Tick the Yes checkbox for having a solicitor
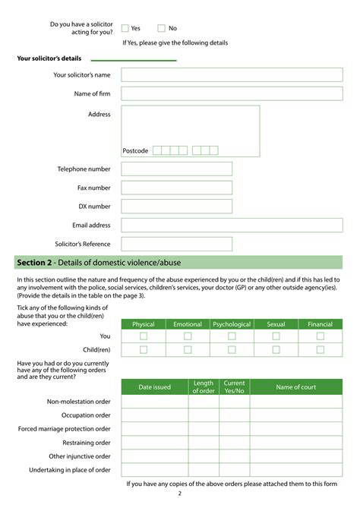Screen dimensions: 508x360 coord(125,28)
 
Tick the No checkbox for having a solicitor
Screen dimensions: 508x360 coord(161,28)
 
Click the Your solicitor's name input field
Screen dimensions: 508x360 coord(232,75)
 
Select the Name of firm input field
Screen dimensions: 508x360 coord(232,93)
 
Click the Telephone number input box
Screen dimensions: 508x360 coord(176,169)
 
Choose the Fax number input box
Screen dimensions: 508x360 coord(176,188)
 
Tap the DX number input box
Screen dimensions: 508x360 coord(176,206)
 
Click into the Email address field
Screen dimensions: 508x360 coord(232,225)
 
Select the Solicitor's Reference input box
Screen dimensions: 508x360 coord(176,244)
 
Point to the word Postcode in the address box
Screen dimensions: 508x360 coord(136,150)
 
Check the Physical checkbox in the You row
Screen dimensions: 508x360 coord(144,336)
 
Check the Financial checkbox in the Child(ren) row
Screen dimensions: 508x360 coord(321,349)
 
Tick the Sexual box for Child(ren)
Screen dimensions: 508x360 coord(276,349)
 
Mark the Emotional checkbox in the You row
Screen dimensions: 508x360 coord(188,336)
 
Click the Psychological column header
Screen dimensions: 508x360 coord(232,324)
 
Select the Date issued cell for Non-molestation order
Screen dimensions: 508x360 coord(154,402)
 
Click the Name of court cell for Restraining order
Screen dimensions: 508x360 coord(296,443)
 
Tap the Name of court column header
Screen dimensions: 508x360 coord(296,387)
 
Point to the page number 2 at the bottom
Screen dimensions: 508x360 coord(180,494)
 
